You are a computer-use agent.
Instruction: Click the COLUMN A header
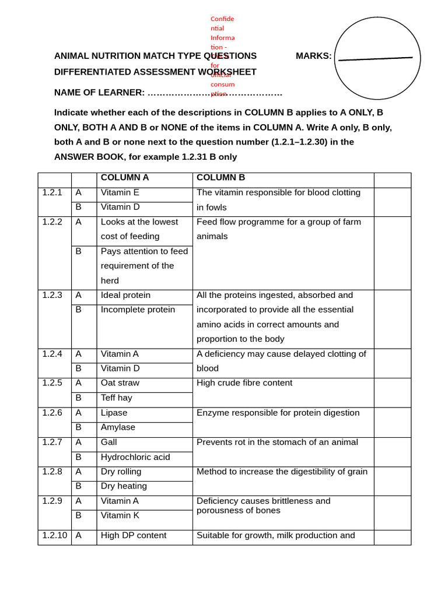(x=125, y=178)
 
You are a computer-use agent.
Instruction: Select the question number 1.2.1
(x=52, y=192)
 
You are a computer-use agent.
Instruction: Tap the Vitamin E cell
(x=120, y=192)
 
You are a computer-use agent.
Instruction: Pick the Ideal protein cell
(x=125, y=296)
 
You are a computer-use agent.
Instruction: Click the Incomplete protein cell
(x=138, y=310)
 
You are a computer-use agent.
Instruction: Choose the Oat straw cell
(x=120, y=383)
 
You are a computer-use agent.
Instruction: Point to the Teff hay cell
(x=117, y=398)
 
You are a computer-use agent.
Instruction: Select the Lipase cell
(x=114, y=413)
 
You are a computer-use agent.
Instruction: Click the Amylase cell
(x=118, y=427)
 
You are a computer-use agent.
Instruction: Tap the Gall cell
(x=109, y=442)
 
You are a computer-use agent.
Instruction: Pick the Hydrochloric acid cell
(x=135, y=457)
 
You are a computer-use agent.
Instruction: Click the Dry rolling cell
(x=121, y=472)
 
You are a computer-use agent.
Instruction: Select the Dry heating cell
(x=124, y=486)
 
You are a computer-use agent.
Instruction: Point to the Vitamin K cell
(x=120, y=515)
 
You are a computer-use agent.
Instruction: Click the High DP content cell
(x=134, y=535)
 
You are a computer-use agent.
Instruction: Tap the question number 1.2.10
(x=54, y=535)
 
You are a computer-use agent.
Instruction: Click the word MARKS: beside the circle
(x=313, y=56)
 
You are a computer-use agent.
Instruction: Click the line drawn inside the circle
(x=375, y=58)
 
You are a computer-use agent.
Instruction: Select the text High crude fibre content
(x=244, y=383)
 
